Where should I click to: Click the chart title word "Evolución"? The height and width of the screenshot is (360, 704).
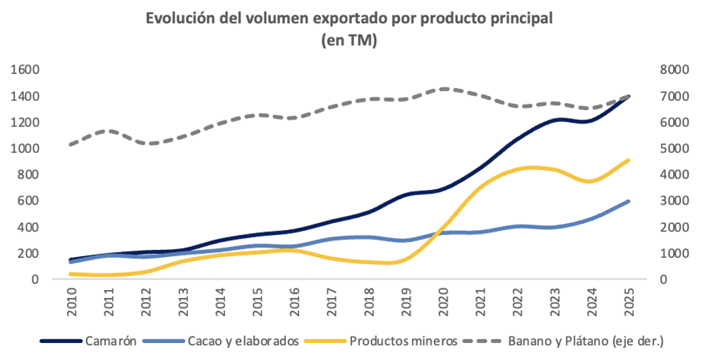[x=180, y=19]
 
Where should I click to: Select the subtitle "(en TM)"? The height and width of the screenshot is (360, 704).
[x=350, y=41]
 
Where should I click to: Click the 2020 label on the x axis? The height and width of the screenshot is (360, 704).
[x=444, y=301]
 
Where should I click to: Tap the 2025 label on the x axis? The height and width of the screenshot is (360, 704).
[x=629, y=301]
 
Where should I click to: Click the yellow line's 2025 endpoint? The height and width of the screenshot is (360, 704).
[x=629, y=160]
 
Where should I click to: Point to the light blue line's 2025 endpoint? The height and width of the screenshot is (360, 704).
[x=629, y=201]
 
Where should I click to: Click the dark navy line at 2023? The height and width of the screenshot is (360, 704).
[x=555, y=121]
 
